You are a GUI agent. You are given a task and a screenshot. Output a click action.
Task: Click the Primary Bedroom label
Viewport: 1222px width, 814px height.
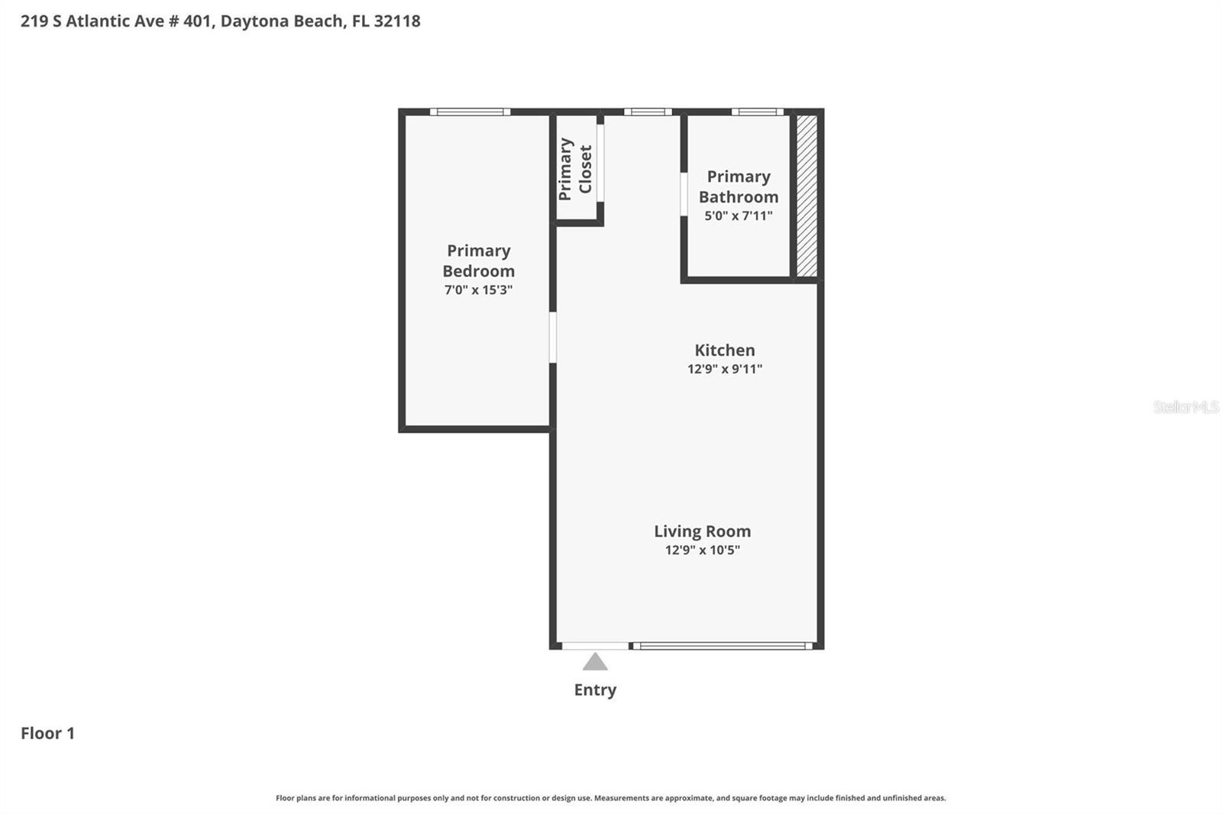pos(478,261)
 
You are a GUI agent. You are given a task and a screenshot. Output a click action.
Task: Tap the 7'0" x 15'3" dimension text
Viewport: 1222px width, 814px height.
pos(478,290)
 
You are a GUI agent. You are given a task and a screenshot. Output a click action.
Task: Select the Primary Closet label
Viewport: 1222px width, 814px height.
pos(575,169)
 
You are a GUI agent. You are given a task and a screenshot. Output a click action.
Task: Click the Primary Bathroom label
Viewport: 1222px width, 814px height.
pos(738,187)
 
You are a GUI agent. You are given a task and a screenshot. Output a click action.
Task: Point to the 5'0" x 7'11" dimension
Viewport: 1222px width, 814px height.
pos(738,216)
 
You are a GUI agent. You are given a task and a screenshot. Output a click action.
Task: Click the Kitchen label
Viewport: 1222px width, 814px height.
pos(724,350)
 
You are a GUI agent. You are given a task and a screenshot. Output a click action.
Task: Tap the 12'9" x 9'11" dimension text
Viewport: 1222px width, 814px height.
pos(724,369)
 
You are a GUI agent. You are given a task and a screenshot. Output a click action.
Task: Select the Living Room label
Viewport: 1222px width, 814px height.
pos(702,531)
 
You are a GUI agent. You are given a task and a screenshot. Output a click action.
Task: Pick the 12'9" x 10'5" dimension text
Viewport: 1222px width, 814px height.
pos(702,550)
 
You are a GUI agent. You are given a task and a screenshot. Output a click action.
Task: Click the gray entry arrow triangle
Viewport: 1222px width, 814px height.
pos(595,662)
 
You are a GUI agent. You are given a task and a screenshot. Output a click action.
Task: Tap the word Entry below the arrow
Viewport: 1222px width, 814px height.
pos(595,690)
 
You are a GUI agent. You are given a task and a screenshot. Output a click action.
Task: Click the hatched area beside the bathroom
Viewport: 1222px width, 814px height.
pos(807,195)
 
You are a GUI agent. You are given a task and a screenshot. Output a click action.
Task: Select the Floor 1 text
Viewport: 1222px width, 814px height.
pos(47,733)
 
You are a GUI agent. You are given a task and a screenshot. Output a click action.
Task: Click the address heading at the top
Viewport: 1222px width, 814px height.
pos(220,21)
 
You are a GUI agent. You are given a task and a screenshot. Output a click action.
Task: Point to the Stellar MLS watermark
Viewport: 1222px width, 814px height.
pos(1185,407)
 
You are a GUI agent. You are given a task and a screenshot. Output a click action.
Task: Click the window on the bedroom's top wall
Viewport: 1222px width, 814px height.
pos(470,112)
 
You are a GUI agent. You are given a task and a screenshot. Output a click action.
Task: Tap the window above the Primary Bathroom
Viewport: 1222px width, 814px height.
pos(757,112)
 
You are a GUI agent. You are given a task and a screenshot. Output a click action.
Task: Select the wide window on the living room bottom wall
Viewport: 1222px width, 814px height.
pos(722,646)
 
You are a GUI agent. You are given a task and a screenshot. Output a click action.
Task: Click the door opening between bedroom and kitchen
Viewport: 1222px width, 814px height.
pos(552,337)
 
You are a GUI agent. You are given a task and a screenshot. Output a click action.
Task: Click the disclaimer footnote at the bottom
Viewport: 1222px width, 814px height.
pos(610,798)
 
